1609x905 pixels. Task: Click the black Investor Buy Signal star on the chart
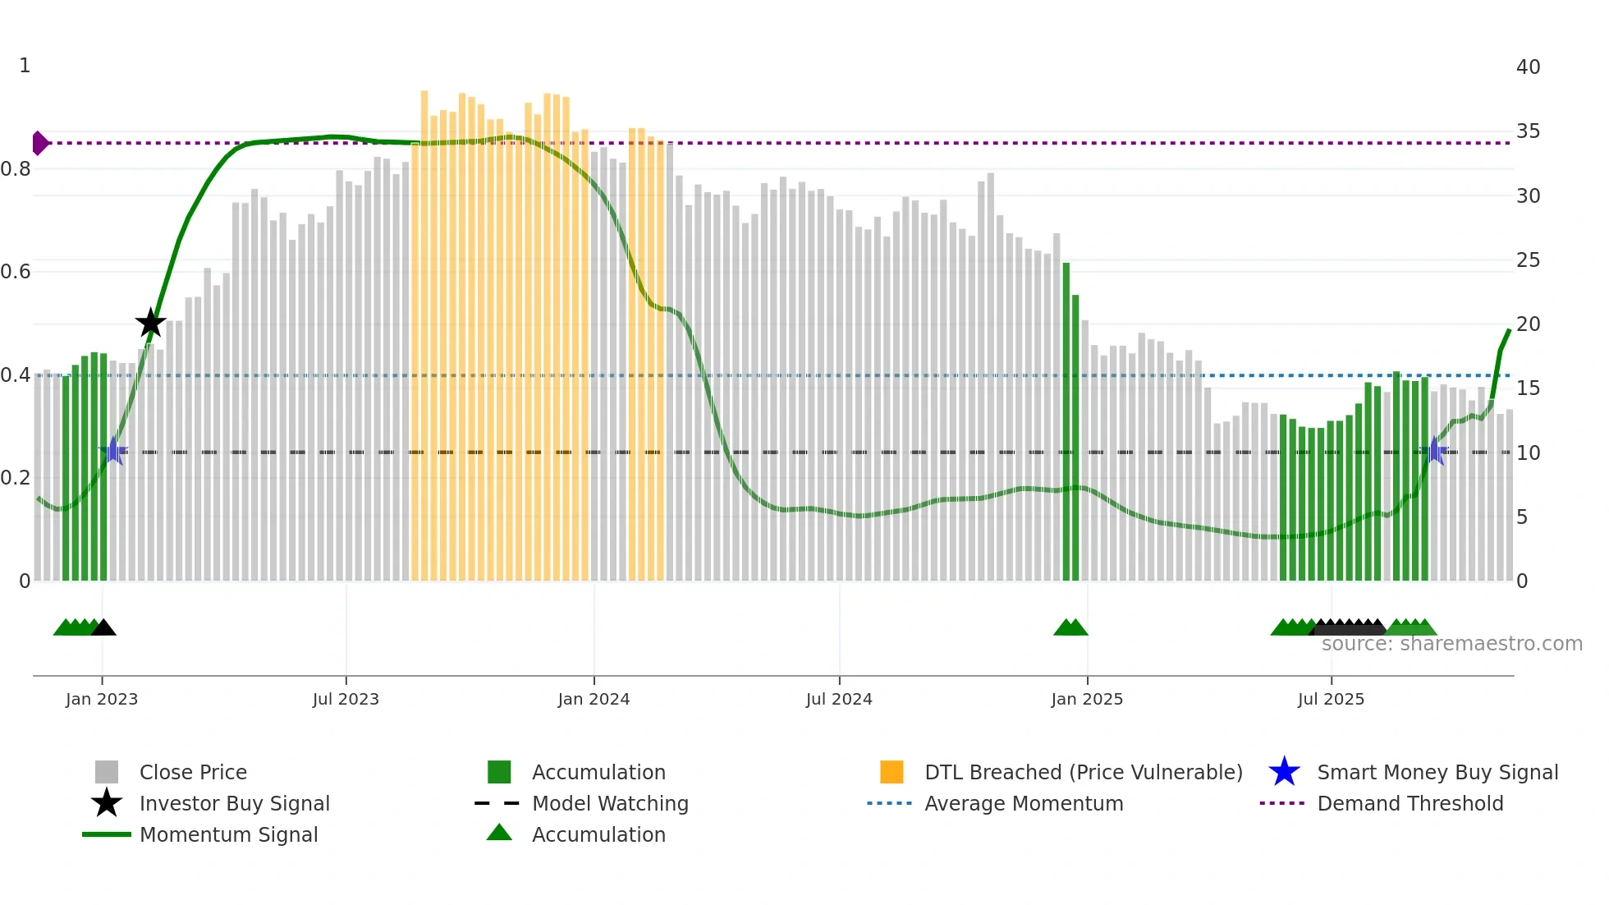150,323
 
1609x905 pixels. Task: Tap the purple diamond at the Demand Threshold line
39,143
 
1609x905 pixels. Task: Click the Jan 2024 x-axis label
594,699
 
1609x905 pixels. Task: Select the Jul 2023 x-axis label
346,699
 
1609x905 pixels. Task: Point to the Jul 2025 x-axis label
1331,699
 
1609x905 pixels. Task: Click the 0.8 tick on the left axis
16,169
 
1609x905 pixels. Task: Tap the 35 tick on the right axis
1528,131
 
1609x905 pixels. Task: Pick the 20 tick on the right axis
1528,324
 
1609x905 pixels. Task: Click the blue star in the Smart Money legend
1284,772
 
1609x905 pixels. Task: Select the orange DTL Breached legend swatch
892,772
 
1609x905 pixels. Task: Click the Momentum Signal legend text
228,834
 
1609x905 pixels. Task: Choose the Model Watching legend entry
610,803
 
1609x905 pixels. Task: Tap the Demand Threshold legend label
1410,803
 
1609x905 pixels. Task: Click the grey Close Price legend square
107,772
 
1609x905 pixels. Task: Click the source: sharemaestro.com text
1451,644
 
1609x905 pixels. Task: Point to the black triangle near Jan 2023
103,628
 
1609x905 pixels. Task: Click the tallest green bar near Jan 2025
1066,420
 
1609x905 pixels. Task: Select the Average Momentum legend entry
1024,803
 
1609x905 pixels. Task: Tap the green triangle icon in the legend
499,833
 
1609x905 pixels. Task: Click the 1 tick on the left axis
25,66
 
